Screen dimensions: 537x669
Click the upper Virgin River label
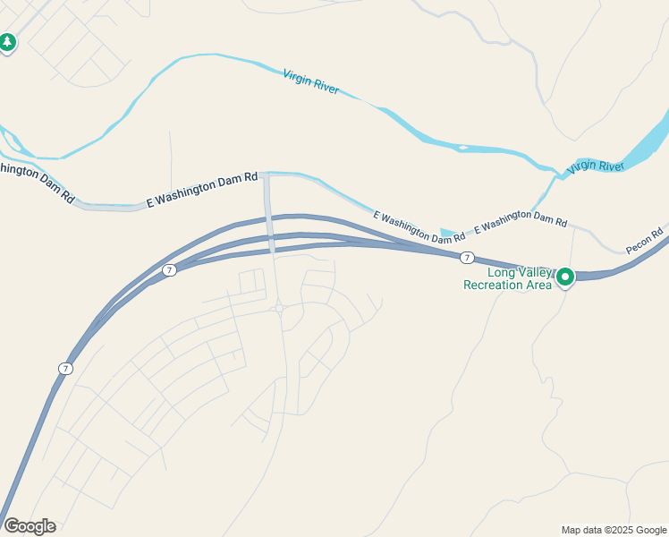tap(311, 82)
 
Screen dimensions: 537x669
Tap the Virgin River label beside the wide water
tap(595, 166)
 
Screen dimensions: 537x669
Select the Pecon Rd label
tap(644, 241)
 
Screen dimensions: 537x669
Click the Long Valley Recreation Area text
tap(507, 279)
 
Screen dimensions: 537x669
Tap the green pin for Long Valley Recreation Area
tap(565, 277)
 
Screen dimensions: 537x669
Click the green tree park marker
tap(8, 42)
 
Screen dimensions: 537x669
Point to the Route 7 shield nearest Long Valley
tap(467, 258)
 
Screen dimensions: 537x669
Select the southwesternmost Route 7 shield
tap(65, 369)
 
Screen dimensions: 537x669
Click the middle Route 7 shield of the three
tap(169, 270)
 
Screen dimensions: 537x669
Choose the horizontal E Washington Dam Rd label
tap(202, 192)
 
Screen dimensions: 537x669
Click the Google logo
tap(30, 526)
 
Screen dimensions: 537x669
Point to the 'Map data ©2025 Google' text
tap(614, 530)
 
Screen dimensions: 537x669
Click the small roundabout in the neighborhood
tap(280, 309)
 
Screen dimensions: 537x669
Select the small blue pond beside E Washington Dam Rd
tap(447, 233)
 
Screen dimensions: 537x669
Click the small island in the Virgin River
tap(462, 147)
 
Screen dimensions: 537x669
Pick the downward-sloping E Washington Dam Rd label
tap(419, 228)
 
